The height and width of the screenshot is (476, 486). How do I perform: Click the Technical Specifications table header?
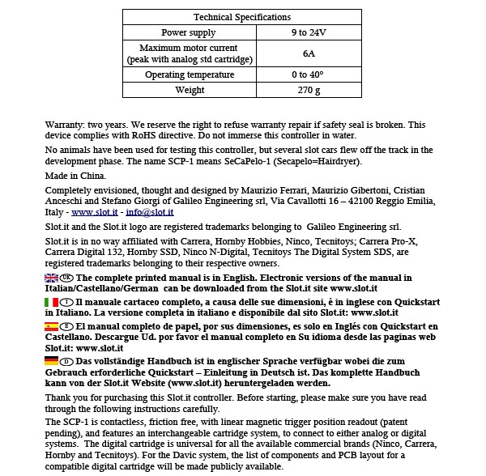click(242, 17)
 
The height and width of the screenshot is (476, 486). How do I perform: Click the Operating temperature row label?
click(189, 74)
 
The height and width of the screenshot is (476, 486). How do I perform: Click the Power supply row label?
click(189, 33)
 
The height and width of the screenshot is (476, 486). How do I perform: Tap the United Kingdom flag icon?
click(52, 278)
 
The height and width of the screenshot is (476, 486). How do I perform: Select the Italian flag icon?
click(52, 302)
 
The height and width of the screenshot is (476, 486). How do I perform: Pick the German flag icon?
click(52, 360)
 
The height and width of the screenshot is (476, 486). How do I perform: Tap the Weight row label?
click(189, 90)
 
